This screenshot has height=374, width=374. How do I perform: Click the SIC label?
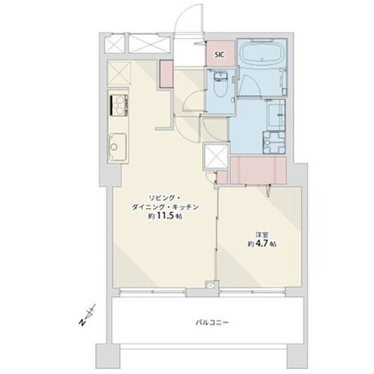pyautogui.click(x=219, y=55)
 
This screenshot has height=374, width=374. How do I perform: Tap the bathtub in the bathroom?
pyautogui.click(x=262, y=54)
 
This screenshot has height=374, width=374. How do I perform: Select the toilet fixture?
pyautogui.click(x=220, y=85)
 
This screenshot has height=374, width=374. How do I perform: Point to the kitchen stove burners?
pyautogui.click(x=119, y=105)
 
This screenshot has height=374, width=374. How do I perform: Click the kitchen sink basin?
pyautogui.click(x=117, y=147)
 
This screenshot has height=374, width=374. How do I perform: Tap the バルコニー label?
pyautogui.click(x=212, y=322)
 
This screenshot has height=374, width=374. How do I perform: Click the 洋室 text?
pyautogui.click(x=262, y=235)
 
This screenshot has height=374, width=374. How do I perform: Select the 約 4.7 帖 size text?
pyautogui.click(x=262, y=244)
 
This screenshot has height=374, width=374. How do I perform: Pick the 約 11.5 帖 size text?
pyautogui.click(x=165, y=216)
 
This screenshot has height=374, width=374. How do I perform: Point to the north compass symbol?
pyautogui.click(x=88, y=315)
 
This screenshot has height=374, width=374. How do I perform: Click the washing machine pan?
pyautogui.click(x=275, y=142)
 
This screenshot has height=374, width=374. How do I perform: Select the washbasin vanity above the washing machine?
pyautogui.click(x=276, y=114)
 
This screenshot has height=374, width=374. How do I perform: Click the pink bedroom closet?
pyautogui.click(x=258, y=171)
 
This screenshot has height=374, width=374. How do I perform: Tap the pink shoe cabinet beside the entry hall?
pyautogui.click(x=166, y=74)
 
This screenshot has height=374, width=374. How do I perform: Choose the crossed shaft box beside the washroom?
pyautogui.click(x=216, y=156)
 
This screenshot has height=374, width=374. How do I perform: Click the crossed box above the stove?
pyautogui.click(x=119, y=73)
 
